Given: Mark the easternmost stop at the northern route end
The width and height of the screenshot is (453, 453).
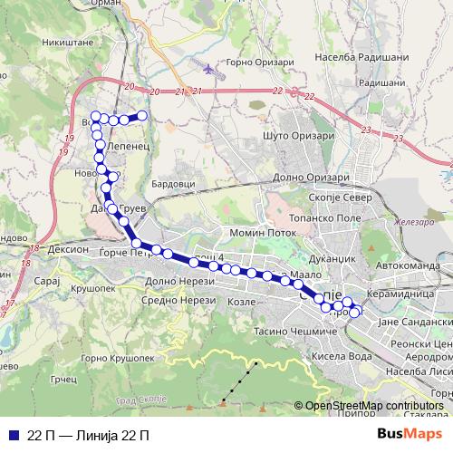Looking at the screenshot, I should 142,115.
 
